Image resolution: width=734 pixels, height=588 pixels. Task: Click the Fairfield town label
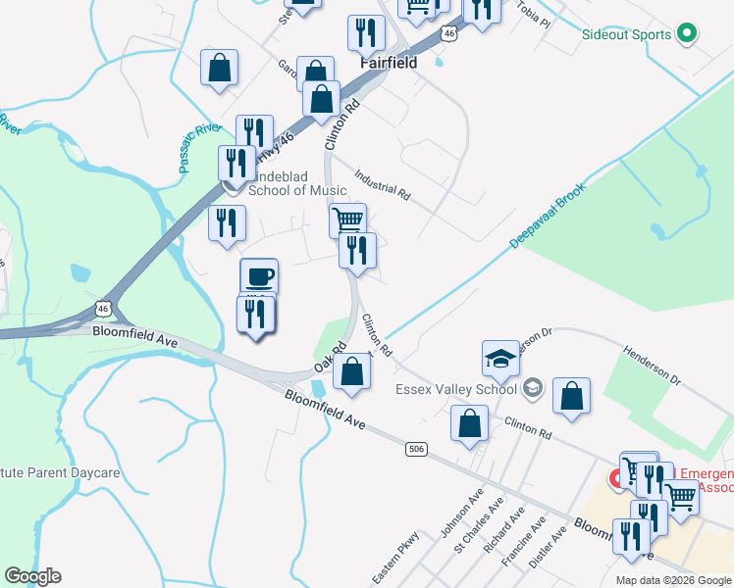click(389, 63)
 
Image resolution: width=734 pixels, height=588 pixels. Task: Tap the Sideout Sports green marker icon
click(688, 34)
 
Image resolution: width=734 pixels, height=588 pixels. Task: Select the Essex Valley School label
click(455, 389)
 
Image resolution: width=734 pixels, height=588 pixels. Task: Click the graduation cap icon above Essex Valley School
click(500, 358)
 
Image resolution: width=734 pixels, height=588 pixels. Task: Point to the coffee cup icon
click(259, 276)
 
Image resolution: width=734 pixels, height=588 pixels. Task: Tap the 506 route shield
click(417, 449)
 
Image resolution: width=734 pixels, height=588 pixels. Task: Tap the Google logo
click(32, 576)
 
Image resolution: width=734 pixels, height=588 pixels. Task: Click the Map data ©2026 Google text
click(673, 580)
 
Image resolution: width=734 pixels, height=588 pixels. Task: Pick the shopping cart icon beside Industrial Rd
click(347, 220)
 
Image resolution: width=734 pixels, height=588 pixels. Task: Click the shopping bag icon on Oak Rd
click(351, 372)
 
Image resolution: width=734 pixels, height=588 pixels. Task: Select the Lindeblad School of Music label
click(297, 183)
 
